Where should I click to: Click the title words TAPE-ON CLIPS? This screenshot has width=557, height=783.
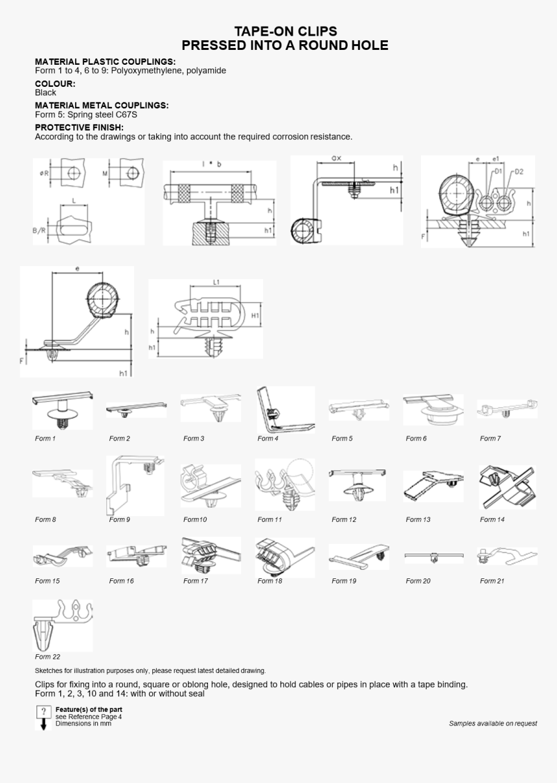(285, 31)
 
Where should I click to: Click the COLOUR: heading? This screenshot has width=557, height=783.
(55, 84)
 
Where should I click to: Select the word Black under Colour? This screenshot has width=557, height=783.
(45, 93)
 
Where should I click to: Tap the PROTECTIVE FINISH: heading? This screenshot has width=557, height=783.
(79, 128)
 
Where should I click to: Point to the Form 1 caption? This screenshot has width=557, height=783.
(45, 438)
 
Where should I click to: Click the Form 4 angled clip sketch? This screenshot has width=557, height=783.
(285, 410)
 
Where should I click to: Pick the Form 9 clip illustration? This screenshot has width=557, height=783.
(135, 485)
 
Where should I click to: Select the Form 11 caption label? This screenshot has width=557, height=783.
(269, 519)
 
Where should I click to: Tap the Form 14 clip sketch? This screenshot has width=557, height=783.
(507, 487)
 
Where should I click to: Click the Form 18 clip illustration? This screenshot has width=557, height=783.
(284, 557)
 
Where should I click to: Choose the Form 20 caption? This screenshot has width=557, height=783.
(418, 581)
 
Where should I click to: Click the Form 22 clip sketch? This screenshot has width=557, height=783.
(62, 625)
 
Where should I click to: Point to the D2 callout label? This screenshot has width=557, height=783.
(519, 172)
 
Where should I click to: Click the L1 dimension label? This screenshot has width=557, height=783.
(216, 282)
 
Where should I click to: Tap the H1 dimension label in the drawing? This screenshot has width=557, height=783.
(255, 315)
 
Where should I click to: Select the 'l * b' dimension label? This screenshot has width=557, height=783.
(211, 165)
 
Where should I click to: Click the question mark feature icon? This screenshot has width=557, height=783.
(43, 712)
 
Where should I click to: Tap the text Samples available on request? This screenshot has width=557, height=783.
(493, 723)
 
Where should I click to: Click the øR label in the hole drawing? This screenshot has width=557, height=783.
(43, 173)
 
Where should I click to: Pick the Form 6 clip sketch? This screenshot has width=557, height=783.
(433, 410)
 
